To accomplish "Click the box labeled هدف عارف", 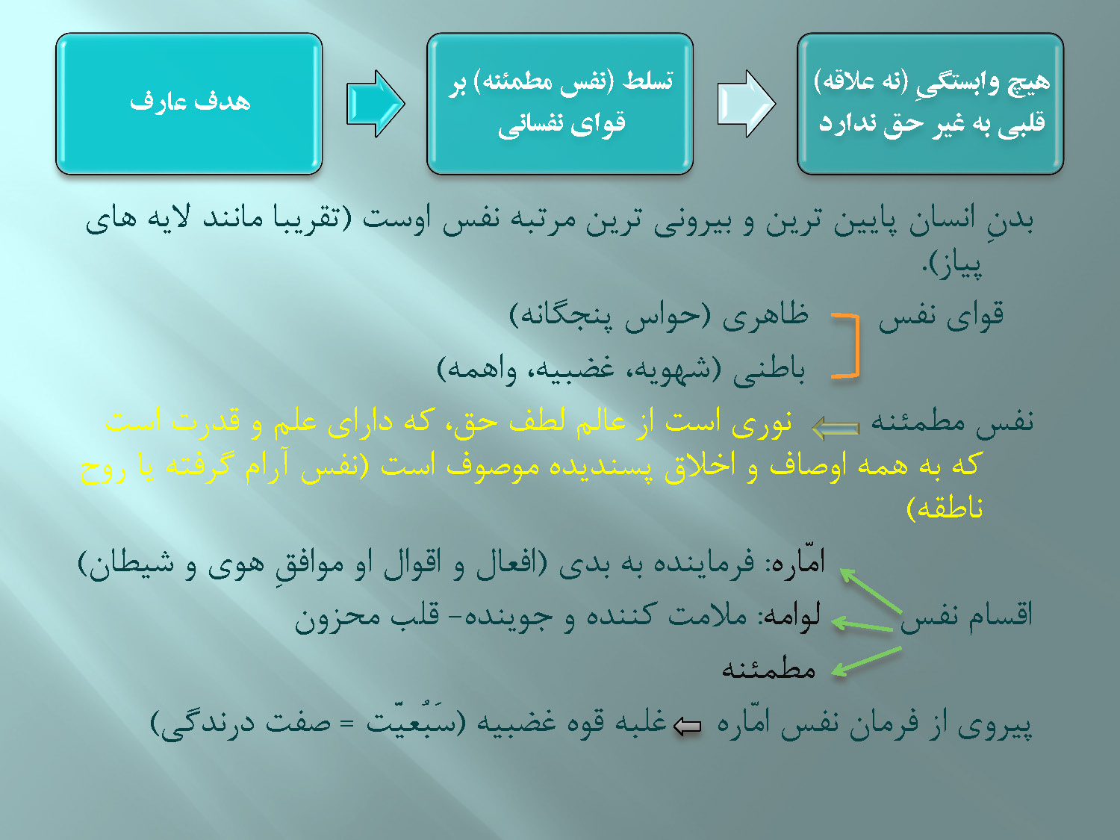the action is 189,104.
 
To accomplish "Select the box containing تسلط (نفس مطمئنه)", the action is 560,104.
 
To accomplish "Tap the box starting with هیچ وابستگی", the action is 930,104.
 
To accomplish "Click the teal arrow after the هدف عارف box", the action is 376,104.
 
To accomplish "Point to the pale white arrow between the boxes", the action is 747,104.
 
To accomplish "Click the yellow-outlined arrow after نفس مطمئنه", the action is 836,428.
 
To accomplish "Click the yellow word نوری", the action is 762,423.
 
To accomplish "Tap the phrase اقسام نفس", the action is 966,615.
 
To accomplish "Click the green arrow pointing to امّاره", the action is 871,590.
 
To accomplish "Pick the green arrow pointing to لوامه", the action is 862,625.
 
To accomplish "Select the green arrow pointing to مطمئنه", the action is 866,662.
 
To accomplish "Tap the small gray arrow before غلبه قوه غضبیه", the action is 688,727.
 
